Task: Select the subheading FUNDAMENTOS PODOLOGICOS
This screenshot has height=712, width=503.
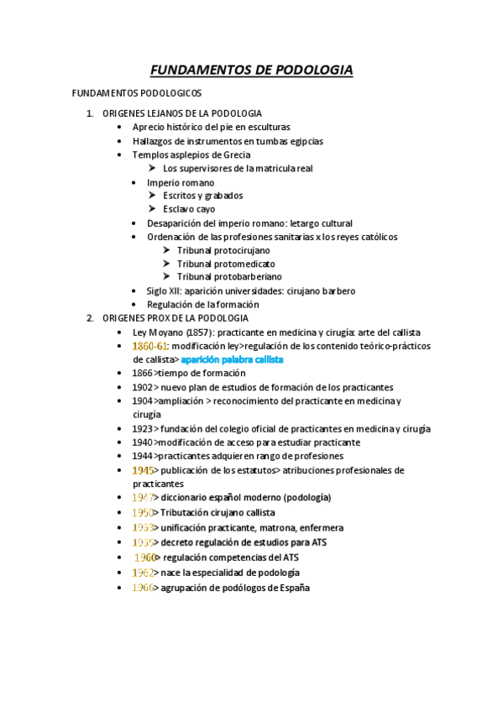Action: [137, 93]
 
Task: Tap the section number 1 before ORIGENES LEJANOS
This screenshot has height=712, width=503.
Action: [90, 113]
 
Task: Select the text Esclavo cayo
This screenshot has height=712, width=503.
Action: [189, 209]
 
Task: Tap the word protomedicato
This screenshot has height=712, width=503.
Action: [244, 264]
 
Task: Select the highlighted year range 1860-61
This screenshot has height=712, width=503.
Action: [151, 346]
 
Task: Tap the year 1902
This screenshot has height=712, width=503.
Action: [142, 387]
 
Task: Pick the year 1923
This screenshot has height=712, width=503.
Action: [142, 428]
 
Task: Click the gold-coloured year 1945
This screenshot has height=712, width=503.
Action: [142, 470]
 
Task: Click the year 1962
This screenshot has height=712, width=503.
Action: [142, 573]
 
